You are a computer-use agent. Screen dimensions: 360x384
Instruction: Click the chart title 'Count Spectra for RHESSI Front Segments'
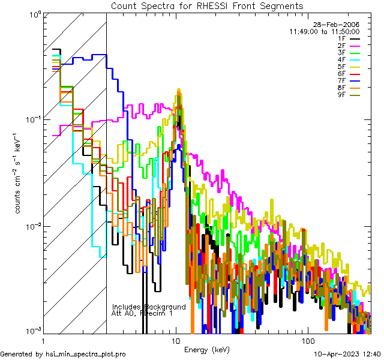(208, 5)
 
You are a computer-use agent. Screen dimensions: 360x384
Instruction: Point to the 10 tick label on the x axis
(175, 340)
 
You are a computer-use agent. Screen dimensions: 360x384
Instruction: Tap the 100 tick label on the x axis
(308, 340)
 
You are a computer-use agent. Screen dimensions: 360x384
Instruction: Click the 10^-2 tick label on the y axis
(31, 226)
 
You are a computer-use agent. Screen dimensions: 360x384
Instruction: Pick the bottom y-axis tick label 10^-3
(31, 331)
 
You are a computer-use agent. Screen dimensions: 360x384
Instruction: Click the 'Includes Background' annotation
(149, 307)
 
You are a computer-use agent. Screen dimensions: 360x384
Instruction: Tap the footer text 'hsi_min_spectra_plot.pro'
(86, 354)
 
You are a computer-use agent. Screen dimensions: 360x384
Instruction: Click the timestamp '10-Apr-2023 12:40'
(346, 354)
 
